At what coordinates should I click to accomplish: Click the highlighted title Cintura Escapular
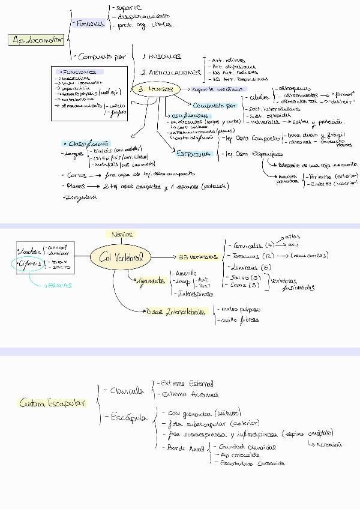52,403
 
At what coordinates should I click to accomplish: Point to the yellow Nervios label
122,234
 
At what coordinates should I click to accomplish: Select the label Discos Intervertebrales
178,312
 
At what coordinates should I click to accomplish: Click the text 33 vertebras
198,256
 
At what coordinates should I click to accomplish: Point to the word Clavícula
127,391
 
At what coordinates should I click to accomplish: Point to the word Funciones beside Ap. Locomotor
90,23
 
